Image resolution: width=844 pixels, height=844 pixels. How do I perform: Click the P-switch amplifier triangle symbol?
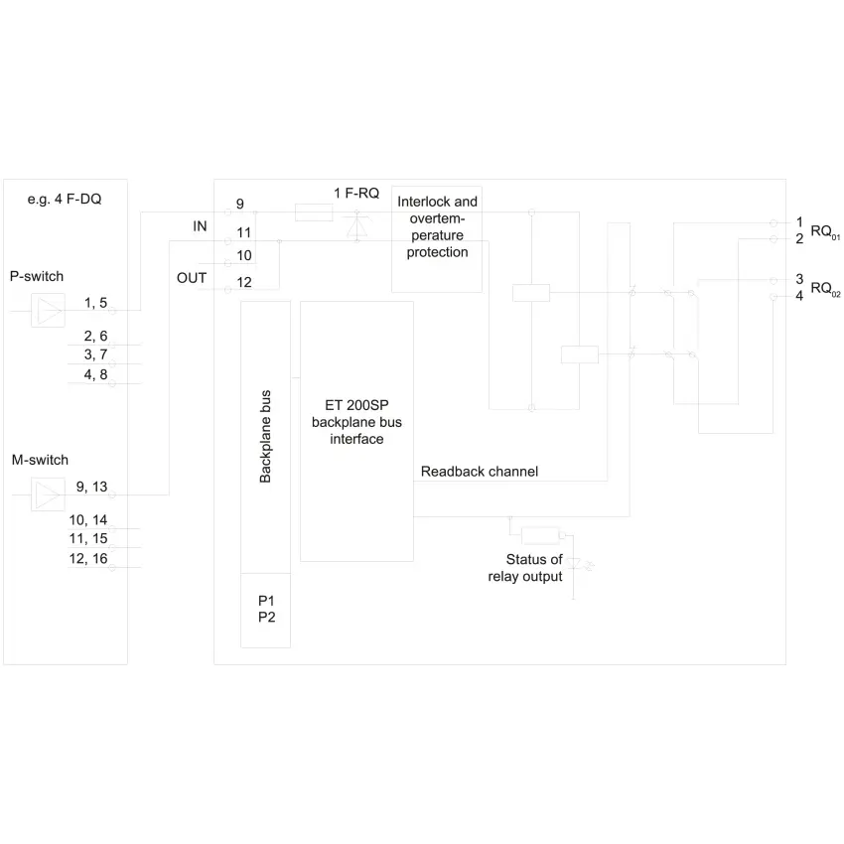(x=48, y=311)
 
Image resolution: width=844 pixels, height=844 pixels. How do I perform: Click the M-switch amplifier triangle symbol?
(x=48, y=494)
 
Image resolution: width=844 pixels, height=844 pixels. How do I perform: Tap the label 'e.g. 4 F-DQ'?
(x=65, y=200)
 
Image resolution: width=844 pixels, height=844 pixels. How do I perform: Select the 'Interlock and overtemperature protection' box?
(x=437, y=239)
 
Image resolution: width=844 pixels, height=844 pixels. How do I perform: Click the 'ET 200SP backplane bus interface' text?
(x=356, y=422)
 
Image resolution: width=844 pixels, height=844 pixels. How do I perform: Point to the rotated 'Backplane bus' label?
(x=265, y=437)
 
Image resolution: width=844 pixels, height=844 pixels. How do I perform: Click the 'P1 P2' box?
(x=266, y=610)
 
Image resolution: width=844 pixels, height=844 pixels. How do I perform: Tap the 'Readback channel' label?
(x=479, y=472)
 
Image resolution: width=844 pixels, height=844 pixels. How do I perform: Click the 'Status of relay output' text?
(x=525, y=568)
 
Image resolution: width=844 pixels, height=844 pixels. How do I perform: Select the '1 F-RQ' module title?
(x=356, y=194)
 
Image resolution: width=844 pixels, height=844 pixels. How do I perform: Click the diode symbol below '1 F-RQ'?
(x=356, y=226)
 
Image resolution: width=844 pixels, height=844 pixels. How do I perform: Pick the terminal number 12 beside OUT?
(x=244, y=282)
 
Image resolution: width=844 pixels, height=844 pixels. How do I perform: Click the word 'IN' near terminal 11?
(x=200, y=226)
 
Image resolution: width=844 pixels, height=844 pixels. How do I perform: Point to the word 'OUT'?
(x=192, y=278)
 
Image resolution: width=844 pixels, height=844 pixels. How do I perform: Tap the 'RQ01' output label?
(x=825, y=232)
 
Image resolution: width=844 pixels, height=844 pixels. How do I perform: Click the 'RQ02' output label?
(x=825, y=289)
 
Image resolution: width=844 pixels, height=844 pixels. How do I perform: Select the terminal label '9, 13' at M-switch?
(x=91, y=487)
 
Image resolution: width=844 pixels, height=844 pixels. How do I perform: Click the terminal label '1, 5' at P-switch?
(x=95, y=303)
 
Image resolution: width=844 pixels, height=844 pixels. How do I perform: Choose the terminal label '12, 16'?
(x=88, y=559)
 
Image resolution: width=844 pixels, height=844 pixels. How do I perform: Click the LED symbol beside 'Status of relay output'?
(x=574, y=564)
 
